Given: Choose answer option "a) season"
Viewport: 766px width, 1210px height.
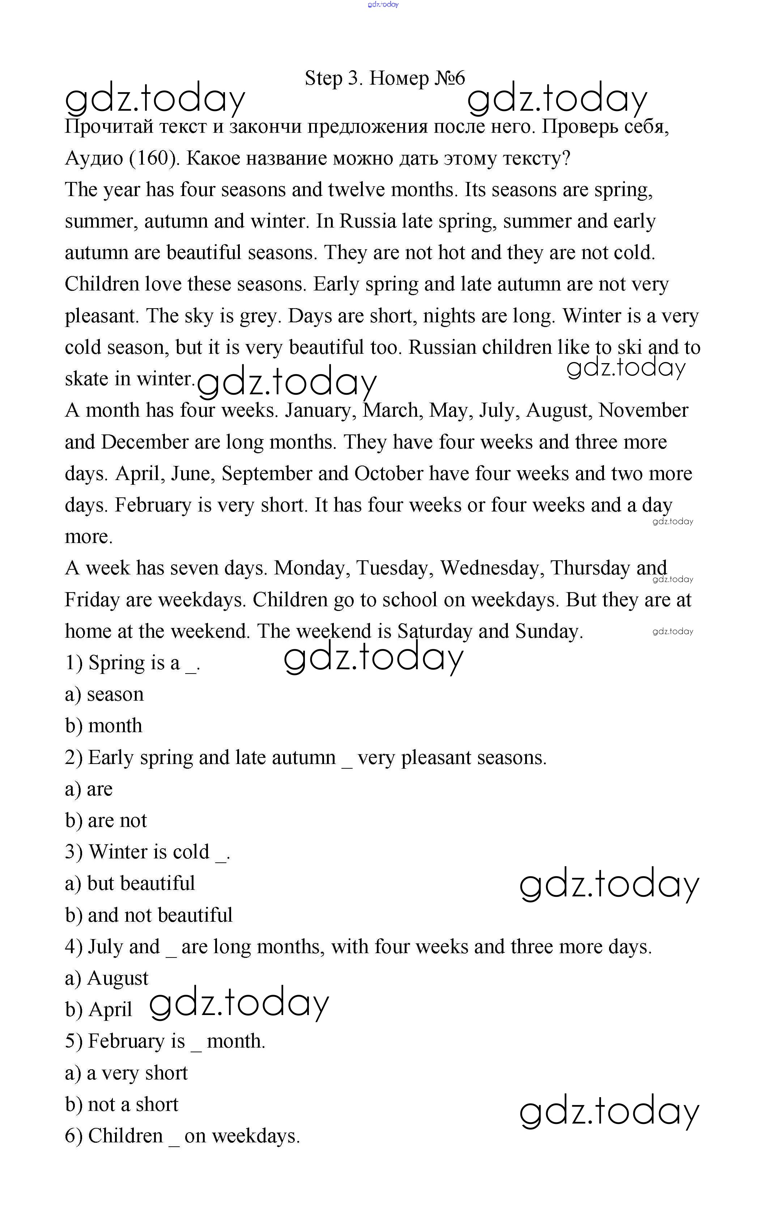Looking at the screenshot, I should [x=105, y=695].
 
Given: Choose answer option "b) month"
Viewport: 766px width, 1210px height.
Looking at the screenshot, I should [x=104, y=726].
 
